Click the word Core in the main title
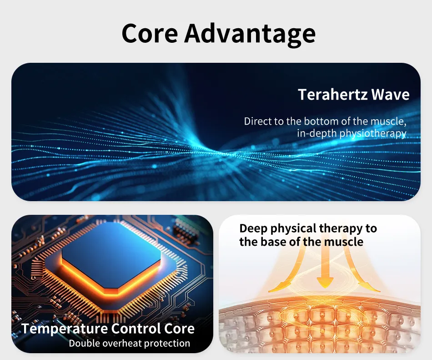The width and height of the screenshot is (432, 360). coord(150,33)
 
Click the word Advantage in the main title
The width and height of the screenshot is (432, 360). coord(250,35)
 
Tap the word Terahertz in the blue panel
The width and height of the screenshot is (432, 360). coord(333,94)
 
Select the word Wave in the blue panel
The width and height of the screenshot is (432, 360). coord(391,94)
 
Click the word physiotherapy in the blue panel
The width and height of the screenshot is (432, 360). coord(373,134)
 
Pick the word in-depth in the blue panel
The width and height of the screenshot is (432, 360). coord(317,134)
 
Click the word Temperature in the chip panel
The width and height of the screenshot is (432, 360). coord(65,329)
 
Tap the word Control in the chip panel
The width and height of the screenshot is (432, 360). coord(136,328)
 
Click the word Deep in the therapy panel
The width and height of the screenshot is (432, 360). coord(253,229)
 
